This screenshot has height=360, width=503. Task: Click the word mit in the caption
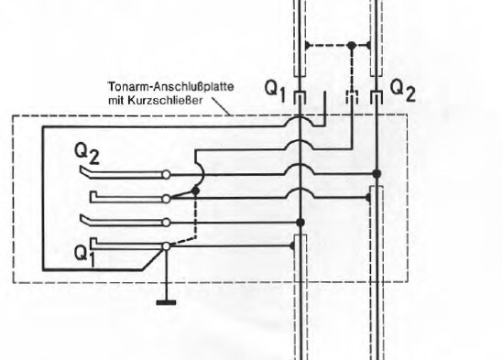[x=127, y=101]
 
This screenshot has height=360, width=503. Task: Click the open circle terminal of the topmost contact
[x=166, y=174]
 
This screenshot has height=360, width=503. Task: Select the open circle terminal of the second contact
[x=166, y=198]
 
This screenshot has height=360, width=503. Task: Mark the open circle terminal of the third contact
[x=166, y=222]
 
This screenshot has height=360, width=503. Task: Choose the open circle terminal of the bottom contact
[x=166, y=245]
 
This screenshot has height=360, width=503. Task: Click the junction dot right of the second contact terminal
[x=196, y=192]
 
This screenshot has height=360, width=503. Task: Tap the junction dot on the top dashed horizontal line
[x=352, y=45]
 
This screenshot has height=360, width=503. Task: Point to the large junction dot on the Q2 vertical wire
[x=376, y=172]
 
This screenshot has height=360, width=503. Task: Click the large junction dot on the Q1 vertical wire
[x=301, y=222]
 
